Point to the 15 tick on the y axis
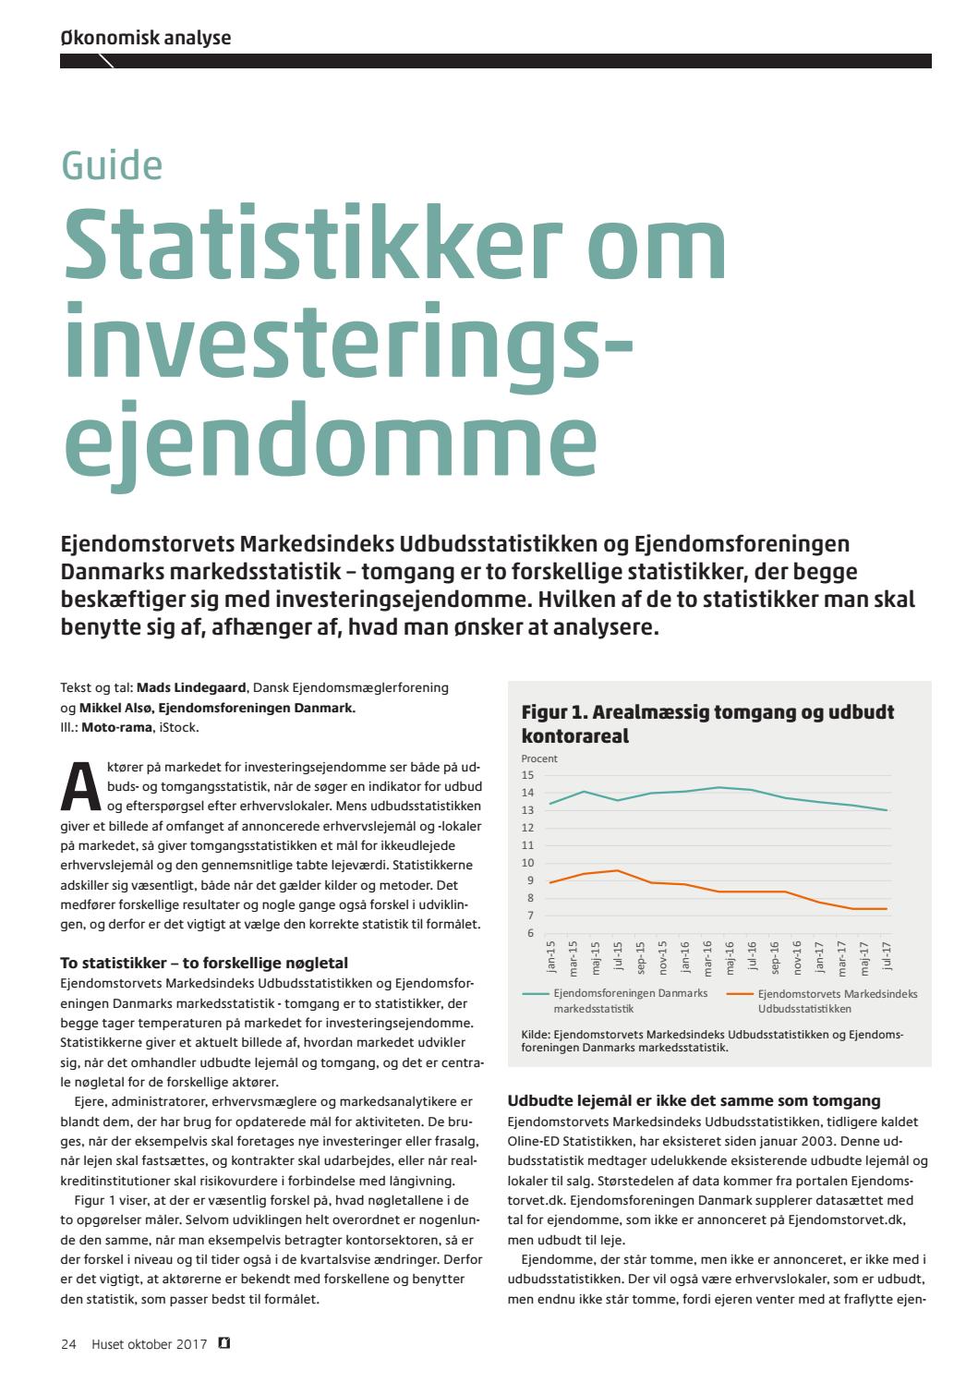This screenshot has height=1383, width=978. (x=527, y=775)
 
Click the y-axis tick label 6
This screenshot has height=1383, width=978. (x=530, y=933)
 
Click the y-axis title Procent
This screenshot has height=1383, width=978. (x=539, y=758)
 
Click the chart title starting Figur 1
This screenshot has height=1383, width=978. (x=707, y=723)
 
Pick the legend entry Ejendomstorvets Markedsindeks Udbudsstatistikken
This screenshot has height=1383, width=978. (x=837, y=1001)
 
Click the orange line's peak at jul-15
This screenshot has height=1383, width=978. (x=617, y=870)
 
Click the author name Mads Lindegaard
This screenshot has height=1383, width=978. (x=191, y=687)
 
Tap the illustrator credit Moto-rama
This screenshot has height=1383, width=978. (x=117, y=727)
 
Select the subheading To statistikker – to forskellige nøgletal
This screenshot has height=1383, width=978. (x=204, y=963)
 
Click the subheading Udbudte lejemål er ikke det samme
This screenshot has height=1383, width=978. (x=694, y=1100)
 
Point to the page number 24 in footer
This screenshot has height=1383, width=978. (x=68, y=1344)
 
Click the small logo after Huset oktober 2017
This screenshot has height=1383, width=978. (x=224, y=1344)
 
